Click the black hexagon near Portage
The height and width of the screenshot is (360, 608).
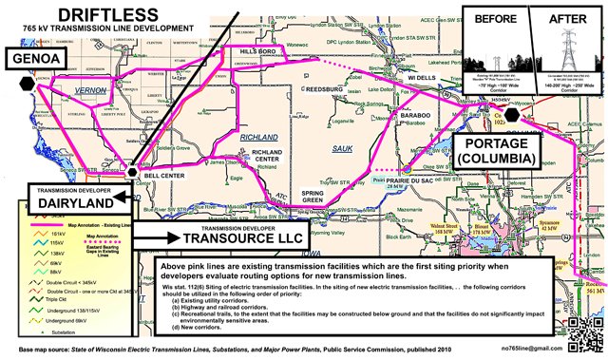click(511, 115)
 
